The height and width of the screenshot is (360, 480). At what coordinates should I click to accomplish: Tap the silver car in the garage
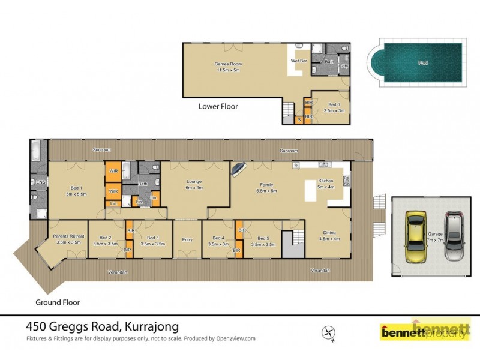click(455, 236)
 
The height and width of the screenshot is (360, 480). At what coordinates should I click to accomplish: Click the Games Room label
click(227, 67)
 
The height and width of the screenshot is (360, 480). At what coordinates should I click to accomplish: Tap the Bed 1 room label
click(77, 191)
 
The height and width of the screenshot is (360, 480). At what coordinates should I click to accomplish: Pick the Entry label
click(187, 240)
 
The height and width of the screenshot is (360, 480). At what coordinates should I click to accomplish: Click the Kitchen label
click(325, 184)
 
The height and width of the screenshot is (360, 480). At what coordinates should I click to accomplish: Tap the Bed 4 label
click(218, 241)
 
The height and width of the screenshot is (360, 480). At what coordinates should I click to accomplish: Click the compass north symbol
click(328, 332)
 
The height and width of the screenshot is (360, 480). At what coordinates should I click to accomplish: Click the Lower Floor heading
click(218, 107)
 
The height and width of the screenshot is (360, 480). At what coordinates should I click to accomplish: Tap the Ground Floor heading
click(58, 302)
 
